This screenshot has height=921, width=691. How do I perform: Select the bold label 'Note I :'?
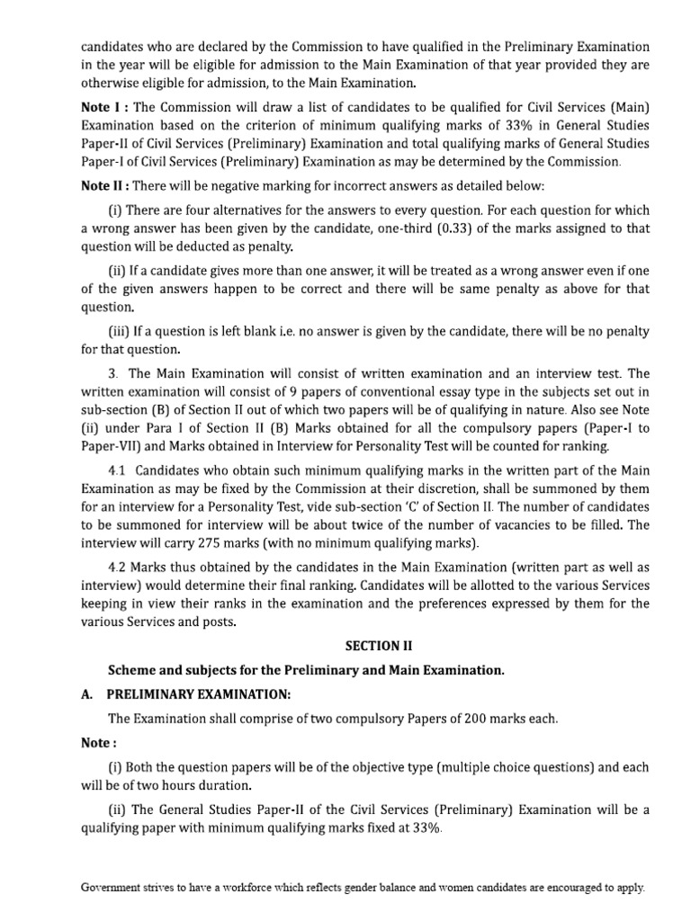(107, 106)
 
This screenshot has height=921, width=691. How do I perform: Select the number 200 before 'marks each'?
(466, 719)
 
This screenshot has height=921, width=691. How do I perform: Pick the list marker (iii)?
(121, 331)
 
